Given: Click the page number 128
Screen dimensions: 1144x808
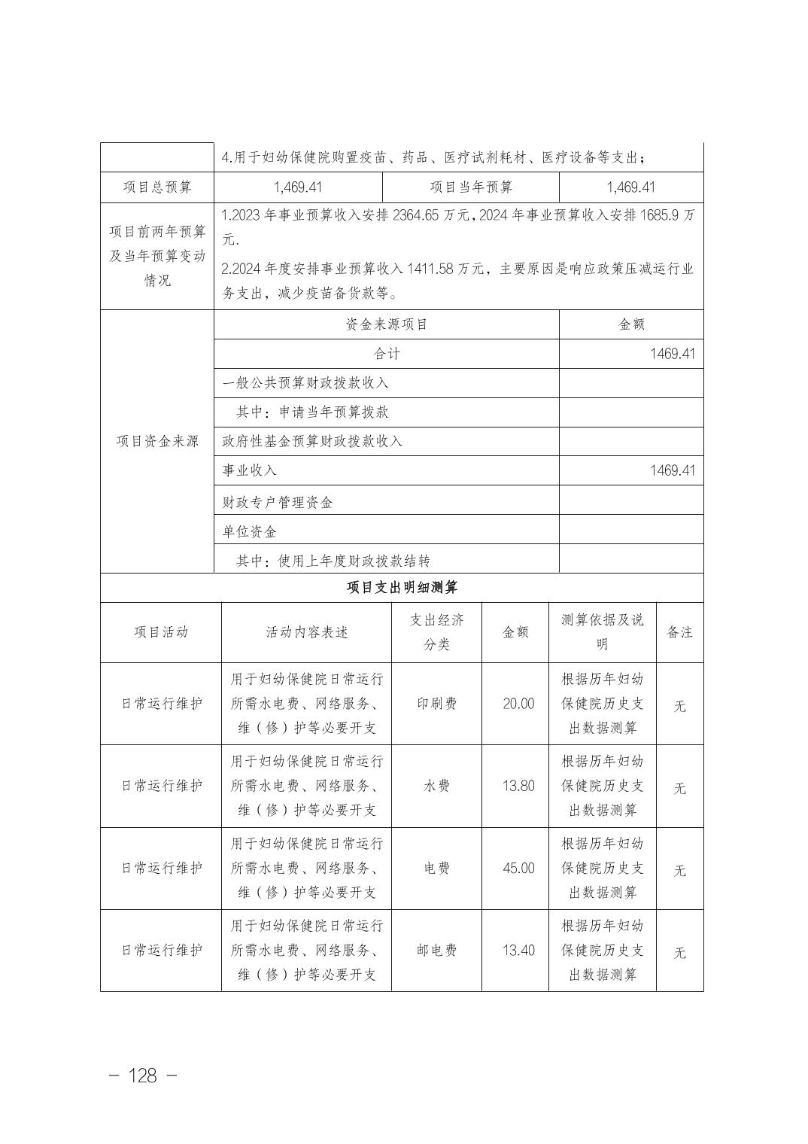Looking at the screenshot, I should (x=143, y=1076).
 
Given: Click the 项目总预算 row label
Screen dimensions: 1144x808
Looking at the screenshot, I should (x=157, y=187).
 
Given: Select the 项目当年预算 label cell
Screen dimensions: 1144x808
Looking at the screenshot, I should (x=471, y=187).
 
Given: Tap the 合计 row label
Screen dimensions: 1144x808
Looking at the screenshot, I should (x=387, y=354).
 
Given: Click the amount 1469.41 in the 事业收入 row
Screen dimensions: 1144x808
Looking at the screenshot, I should (x=672, y=470).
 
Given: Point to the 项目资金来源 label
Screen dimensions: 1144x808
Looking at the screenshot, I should (x=157, y=441).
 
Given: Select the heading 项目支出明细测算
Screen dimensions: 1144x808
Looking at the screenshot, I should (x=402, y=588).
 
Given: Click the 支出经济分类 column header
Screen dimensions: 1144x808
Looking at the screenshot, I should (x=436, y=632).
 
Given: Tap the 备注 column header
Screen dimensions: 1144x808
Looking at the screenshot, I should (x=679, y=632).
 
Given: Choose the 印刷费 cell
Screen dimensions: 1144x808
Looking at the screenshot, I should (x=436, y=704).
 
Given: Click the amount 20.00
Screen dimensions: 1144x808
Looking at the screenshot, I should (x=518, y=704).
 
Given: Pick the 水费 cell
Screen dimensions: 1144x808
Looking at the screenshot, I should (x=436, y=786).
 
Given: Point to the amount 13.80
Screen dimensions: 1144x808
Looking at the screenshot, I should (x=518, y=786).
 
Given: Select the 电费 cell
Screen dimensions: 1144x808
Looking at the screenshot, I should (x=436, y=868).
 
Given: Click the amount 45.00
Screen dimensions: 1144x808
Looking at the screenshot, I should (x=518, y=868).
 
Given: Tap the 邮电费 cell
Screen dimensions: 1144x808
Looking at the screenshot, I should (x=436, y=951).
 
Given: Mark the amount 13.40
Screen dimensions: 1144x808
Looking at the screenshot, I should (x=518, y=951).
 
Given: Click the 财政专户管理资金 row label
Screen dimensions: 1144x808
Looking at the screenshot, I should (x=278, y=502).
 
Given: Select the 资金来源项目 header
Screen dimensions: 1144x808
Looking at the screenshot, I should (x=387, y=324).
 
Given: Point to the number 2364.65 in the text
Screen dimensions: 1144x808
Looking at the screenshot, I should (x=418, y=215).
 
